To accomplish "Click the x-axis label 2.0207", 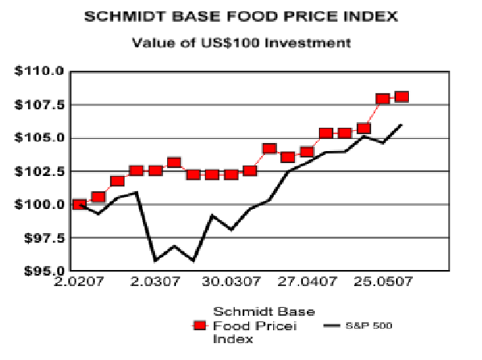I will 78,283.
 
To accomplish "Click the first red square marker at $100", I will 79,204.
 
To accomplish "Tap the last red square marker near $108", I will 402,97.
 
